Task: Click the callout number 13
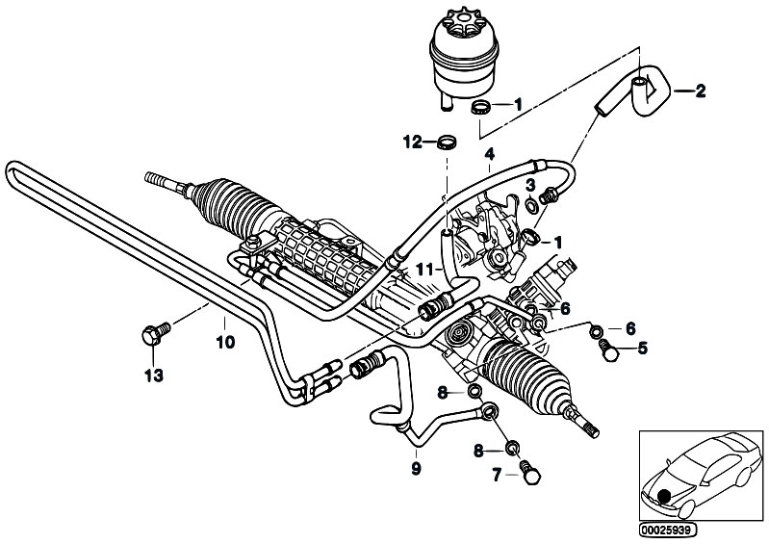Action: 153,376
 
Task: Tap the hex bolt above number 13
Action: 155,333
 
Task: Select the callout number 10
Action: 225,342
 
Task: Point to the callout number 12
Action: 413,142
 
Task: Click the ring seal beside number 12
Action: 447,142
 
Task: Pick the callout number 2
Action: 700,91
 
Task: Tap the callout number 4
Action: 490,154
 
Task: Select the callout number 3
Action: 530,186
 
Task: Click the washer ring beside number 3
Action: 530,203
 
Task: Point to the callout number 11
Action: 424,270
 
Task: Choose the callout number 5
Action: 643,349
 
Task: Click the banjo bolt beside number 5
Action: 608,350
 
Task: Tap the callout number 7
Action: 497,475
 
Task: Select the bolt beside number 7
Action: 529,472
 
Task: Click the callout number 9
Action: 416,469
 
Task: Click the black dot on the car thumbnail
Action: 665,497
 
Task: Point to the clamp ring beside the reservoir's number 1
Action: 480,107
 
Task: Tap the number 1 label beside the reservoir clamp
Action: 518,104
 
